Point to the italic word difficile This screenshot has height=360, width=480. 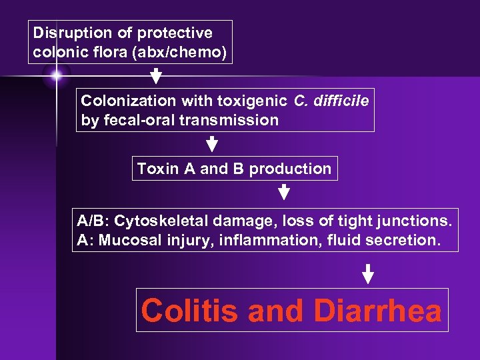tap(341, 101)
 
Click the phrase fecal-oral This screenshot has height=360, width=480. tap(133, 121)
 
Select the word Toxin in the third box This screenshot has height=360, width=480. tap(156, 169)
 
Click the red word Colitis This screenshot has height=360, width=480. tap(189, 310)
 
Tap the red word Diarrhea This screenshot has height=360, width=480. tap(377, 310)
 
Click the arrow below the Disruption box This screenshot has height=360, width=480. tap(156, 75)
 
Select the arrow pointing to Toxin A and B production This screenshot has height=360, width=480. tap(212, 144)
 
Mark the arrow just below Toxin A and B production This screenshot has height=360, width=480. tap(283, 193)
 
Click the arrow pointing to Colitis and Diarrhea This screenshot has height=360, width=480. tap(367, 273)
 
